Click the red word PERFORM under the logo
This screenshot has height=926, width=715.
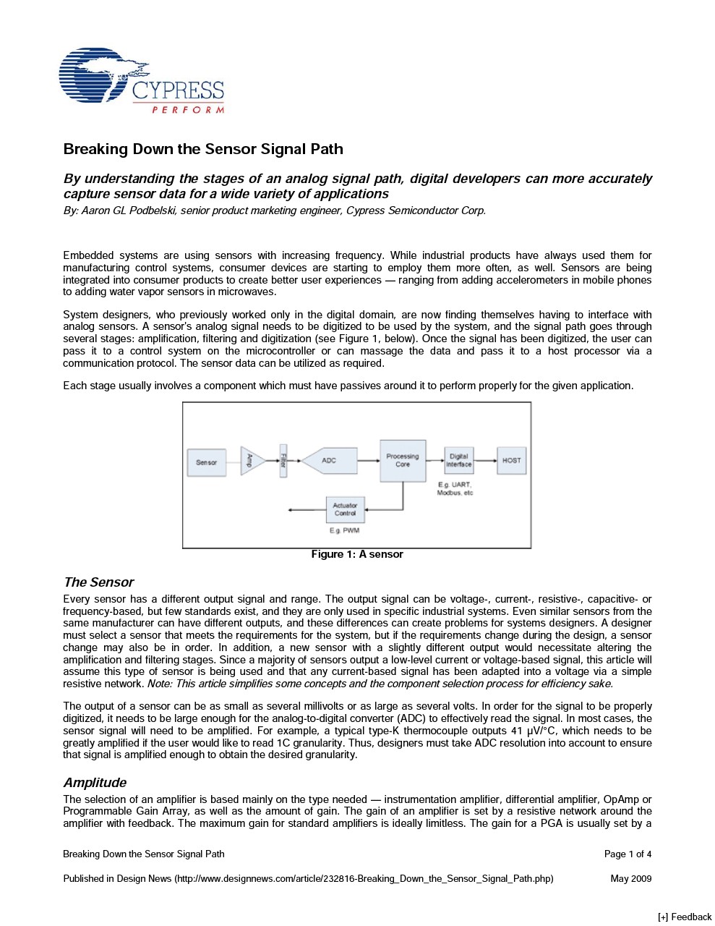coord(188,110)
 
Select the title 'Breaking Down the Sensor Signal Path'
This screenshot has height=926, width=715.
coord(203,150)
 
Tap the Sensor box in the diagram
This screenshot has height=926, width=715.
coord(206,462)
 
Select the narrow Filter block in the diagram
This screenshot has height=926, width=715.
coord(283,460)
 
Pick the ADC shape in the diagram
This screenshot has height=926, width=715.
coord(330,461)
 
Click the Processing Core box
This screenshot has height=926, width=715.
coord(403,461)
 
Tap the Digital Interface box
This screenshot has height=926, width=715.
coord(459,461)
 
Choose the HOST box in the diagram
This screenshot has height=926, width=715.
coord(511,461)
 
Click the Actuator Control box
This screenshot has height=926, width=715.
coord(345,509)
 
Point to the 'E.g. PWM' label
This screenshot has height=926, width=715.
coord(344,530)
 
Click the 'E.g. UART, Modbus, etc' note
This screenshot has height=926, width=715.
coord(455,488)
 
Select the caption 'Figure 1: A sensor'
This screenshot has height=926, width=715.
coord(357,554)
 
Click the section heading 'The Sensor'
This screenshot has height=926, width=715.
coord(98,582)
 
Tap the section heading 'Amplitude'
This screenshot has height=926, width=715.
coord(95,783)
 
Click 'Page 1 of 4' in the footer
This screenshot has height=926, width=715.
coord(628,854)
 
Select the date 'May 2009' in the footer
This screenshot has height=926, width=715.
coord(630,878)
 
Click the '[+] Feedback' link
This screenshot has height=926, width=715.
coord(684,917)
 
